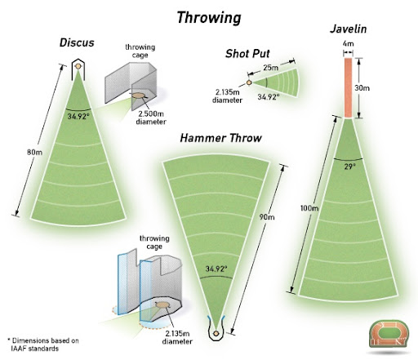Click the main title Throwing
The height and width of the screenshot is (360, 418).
coord(209,18)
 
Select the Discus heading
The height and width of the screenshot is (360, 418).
coord(77,42)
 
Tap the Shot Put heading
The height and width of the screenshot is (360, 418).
coord(247,54)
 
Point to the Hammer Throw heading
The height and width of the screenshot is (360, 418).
coord(220,138)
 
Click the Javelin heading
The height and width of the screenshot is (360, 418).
coord(349,29)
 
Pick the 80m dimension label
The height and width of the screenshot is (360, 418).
coord(34,152)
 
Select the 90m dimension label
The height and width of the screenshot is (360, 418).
coord(267,217)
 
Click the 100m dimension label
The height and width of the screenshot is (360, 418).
coord(309,208)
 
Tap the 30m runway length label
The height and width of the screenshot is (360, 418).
coord(362,88)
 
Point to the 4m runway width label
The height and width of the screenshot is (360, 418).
coord(348,43)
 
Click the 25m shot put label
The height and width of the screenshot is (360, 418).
coord(271,67)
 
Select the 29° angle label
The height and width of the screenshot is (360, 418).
coord(349,167)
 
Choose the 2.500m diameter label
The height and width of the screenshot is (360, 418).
coord(151,118)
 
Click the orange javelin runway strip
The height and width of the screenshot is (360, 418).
coord(348,88)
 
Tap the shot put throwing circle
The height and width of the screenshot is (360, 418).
coord(249,82)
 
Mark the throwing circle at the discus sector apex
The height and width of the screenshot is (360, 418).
coord(78,66)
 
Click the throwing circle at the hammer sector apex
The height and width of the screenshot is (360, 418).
coord(216,333)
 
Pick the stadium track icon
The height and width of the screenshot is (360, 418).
coord(389,334)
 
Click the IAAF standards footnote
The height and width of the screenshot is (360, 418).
coord(43,344)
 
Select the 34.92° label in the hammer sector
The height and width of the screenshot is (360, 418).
coord(216,269)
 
